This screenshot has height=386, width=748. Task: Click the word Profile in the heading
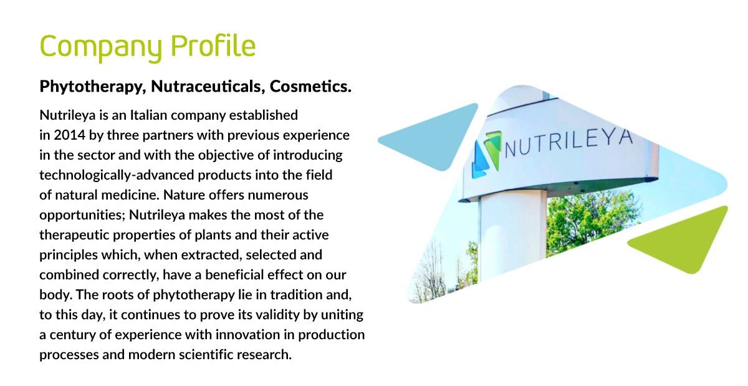(x=213, y=46)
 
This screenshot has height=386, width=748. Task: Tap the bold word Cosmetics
(x=310, y=86)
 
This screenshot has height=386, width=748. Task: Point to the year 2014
(x=69, y=135)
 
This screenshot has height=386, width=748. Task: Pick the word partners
(x=168, y=136)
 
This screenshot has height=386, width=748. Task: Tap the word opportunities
(x=82, y=216)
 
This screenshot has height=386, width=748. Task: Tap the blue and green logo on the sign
(x=486, y=154)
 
